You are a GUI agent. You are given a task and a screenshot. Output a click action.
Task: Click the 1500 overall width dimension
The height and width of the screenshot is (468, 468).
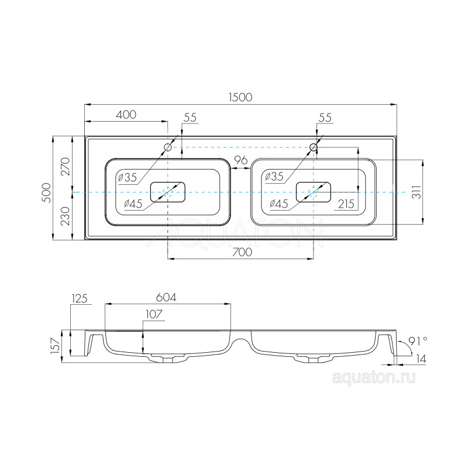coord(240,97)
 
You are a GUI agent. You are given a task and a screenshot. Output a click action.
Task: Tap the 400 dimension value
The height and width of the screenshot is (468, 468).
coord(126,115)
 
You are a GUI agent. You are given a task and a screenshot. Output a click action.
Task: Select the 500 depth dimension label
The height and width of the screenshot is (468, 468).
coord(47,193)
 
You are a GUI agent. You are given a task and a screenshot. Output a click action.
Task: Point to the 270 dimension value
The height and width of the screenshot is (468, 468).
coord(66,166)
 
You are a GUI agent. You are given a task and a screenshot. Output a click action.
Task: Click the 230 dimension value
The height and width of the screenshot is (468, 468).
coord(66,216)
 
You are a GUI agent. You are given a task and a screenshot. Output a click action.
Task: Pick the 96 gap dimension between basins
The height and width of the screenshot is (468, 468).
coord(240,160)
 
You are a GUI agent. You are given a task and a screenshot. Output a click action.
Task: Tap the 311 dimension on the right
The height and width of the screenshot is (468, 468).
coord(417,192)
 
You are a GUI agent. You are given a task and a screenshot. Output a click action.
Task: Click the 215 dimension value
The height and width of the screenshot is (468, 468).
coord(346,204)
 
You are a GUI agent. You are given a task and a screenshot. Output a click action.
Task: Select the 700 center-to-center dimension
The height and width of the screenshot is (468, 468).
coord(242,252)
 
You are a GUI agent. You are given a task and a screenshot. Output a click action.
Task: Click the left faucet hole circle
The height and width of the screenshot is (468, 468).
coord(168,147)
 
